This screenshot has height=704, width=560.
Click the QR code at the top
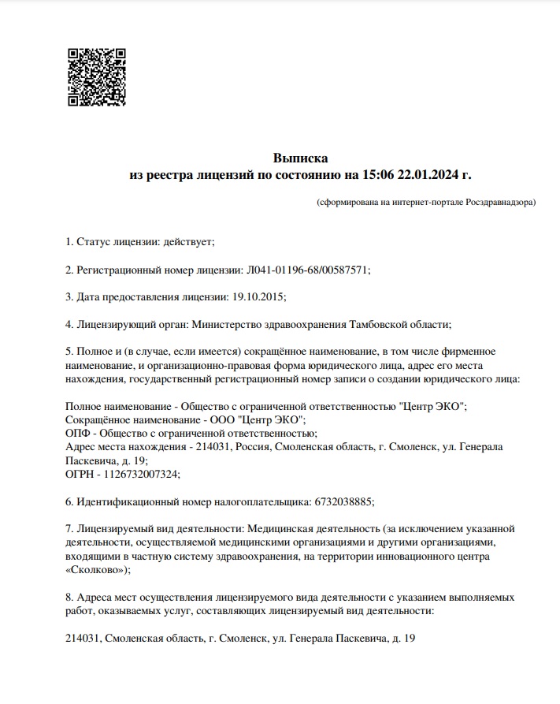(96, 76)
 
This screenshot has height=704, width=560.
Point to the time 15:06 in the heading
(380, 174)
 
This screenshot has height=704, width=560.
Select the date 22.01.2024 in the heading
(432, 174)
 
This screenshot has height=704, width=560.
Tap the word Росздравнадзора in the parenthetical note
(499, 203)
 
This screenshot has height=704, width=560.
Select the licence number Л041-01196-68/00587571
(308, 270)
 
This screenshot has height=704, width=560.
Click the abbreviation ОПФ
(79, 433)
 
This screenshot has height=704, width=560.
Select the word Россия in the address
(250, 447)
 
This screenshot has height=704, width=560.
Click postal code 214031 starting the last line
(82, 638)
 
